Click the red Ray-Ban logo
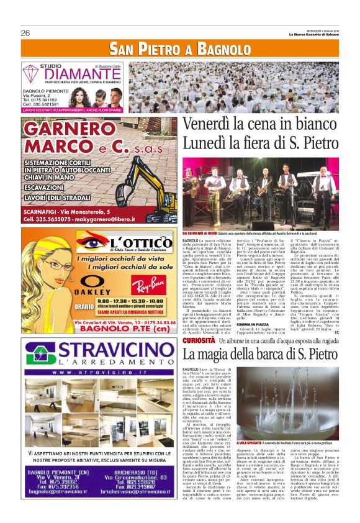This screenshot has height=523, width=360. pos(147,288)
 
